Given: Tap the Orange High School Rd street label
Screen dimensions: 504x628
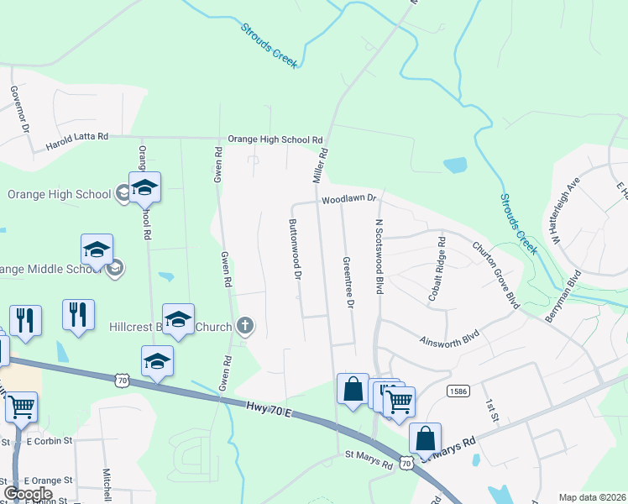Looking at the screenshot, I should (275, 139).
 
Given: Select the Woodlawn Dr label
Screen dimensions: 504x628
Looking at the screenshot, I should (351, 200).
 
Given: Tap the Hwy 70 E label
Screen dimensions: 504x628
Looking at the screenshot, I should (268, 409).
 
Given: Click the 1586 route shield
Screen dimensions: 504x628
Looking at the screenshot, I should (458, 391).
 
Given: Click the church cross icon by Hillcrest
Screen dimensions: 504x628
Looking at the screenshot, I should (244, 325).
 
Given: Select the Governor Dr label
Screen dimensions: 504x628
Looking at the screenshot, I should (20, 109).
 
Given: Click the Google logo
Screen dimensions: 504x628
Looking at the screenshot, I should (28, 494).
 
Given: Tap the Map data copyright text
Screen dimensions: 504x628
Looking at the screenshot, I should (592, 497).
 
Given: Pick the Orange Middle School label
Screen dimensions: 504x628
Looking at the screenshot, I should (52, 269).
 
